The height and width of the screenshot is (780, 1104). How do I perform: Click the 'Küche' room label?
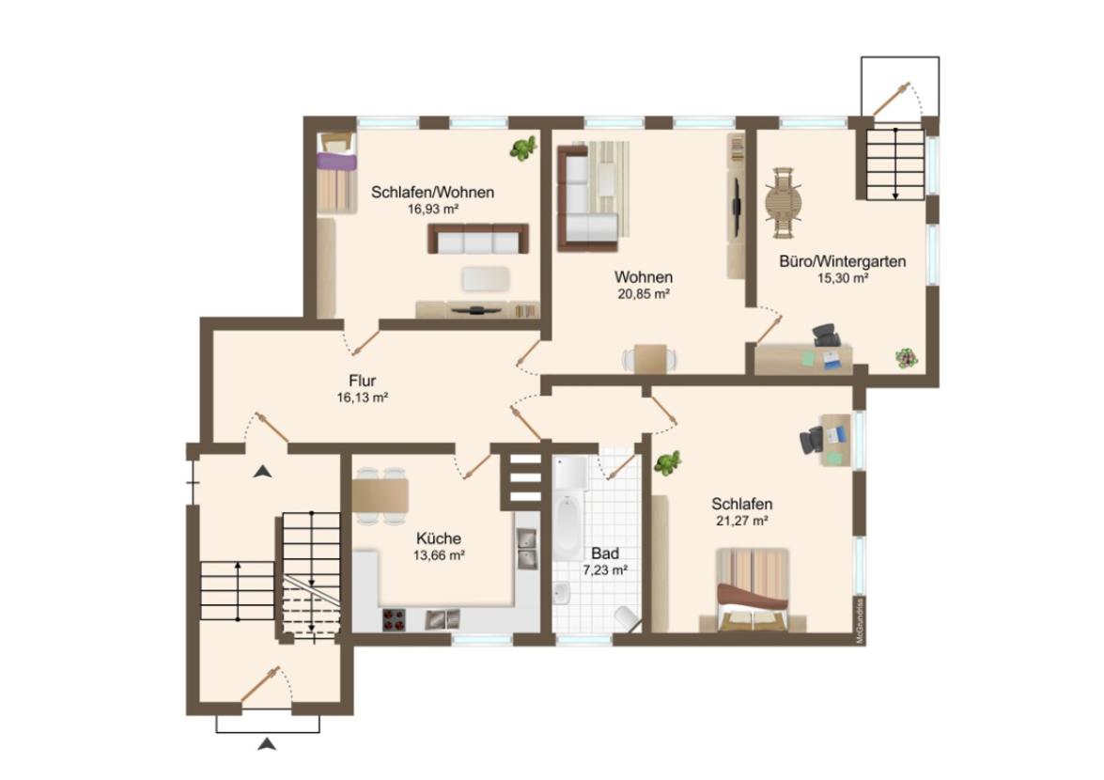[439, 538]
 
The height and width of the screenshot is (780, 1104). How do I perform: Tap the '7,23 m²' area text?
[605, 570]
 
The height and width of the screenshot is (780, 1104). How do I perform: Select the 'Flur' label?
[362, 381]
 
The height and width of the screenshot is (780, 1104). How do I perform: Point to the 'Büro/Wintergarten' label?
[842, 262]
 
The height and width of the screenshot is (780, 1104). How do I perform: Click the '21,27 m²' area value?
[741, 521]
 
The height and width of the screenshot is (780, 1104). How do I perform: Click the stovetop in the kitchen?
[395, 619]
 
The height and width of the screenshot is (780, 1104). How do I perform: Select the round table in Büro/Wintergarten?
[783, 203]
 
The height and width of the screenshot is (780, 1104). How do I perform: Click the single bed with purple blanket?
[335, 173]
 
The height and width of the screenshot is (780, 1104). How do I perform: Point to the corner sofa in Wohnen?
[587, 198]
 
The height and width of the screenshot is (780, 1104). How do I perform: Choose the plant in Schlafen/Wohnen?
[523, 148]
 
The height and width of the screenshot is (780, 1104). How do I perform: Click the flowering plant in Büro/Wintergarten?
[907, 358]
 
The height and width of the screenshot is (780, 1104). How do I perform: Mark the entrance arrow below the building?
[266, 743]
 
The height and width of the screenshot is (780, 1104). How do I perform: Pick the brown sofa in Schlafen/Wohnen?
[477, 239]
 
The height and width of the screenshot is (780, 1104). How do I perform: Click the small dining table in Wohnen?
[650, 358]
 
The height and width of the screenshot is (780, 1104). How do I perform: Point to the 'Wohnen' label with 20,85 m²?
[643, 277]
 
